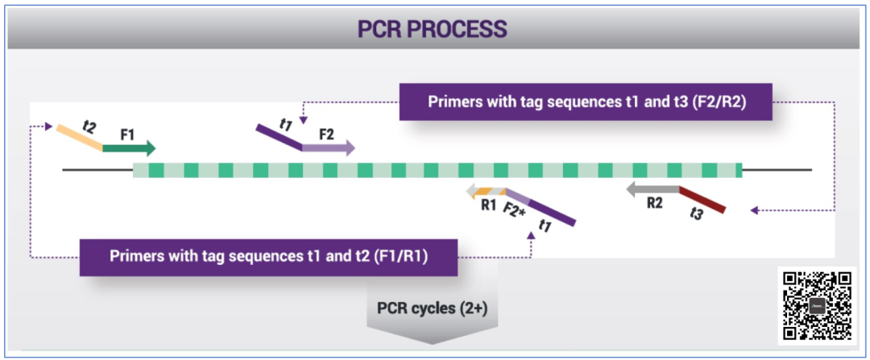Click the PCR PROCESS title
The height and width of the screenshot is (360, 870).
(x=433, y=30)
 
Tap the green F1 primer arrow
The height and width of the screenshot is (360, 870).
(x=129, y=148)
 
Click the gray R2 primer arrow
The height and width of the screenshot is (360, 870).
(x=652, y=190)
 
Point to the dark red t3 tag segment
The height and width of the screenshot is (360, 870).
(x=703, y=200)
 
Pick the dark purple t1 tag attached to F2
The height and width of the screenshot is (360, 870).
(x=279, y=136)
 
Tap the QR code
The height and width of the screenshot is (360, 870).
(x=818, y=305)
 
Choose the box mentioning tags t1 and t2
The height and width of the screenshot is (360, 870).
(x=268, y=257)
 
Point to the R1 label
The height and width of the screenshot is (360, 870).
(x=488, y=205)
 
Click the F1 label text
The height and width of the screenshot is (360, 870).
(x=127, y=134)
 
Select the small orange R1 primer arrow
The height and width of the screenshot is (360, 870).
(x=484, y=191)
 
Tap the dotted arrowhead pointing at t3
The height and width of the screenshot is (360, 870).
(x=754, y=211)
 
